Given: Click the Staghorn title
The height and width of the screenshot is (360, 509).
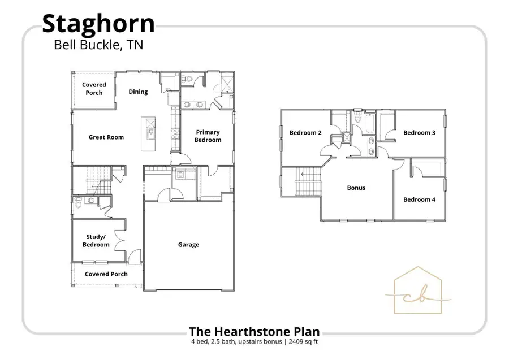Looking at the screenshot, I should point(98,24).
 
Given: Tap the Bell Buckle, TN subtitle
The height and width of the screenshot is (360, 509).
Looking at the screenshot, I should point(98,45).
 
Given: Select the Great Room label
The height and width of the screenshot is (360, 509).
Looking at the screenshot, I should point(106,137).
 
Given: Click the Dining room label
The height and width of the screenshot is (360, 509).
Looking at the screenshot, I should point(138,92).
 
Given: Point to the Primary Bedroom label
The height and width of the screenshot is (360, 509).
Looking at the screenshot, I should point(208,136).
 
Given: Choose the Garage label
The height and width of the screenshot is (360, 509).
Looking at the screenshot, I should point(188,245).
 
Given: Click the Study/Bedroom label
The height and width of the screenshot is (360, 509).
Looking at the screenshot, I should point(96,241).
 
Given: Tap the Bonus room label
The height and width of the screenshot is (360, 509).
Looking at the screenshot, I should point(356,188).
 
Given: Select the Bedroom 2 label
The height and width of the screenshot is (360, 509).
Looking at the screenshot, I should point(305,133).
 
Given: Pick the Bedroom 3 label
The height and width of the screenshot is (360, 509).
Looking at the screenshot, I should point(419,133).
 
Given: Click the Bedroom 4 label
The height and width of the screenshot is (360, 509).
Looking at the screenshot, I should point(419,199).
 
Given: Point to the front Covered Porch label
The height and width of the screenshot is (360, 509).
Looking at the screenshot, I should point(106,274).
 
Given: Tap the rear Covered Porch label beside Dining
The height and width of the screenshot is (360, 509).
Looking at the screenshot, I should point(94,89).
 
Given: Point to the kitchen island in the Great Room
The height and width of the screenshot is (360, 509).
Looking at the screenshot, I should point(150,133).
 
